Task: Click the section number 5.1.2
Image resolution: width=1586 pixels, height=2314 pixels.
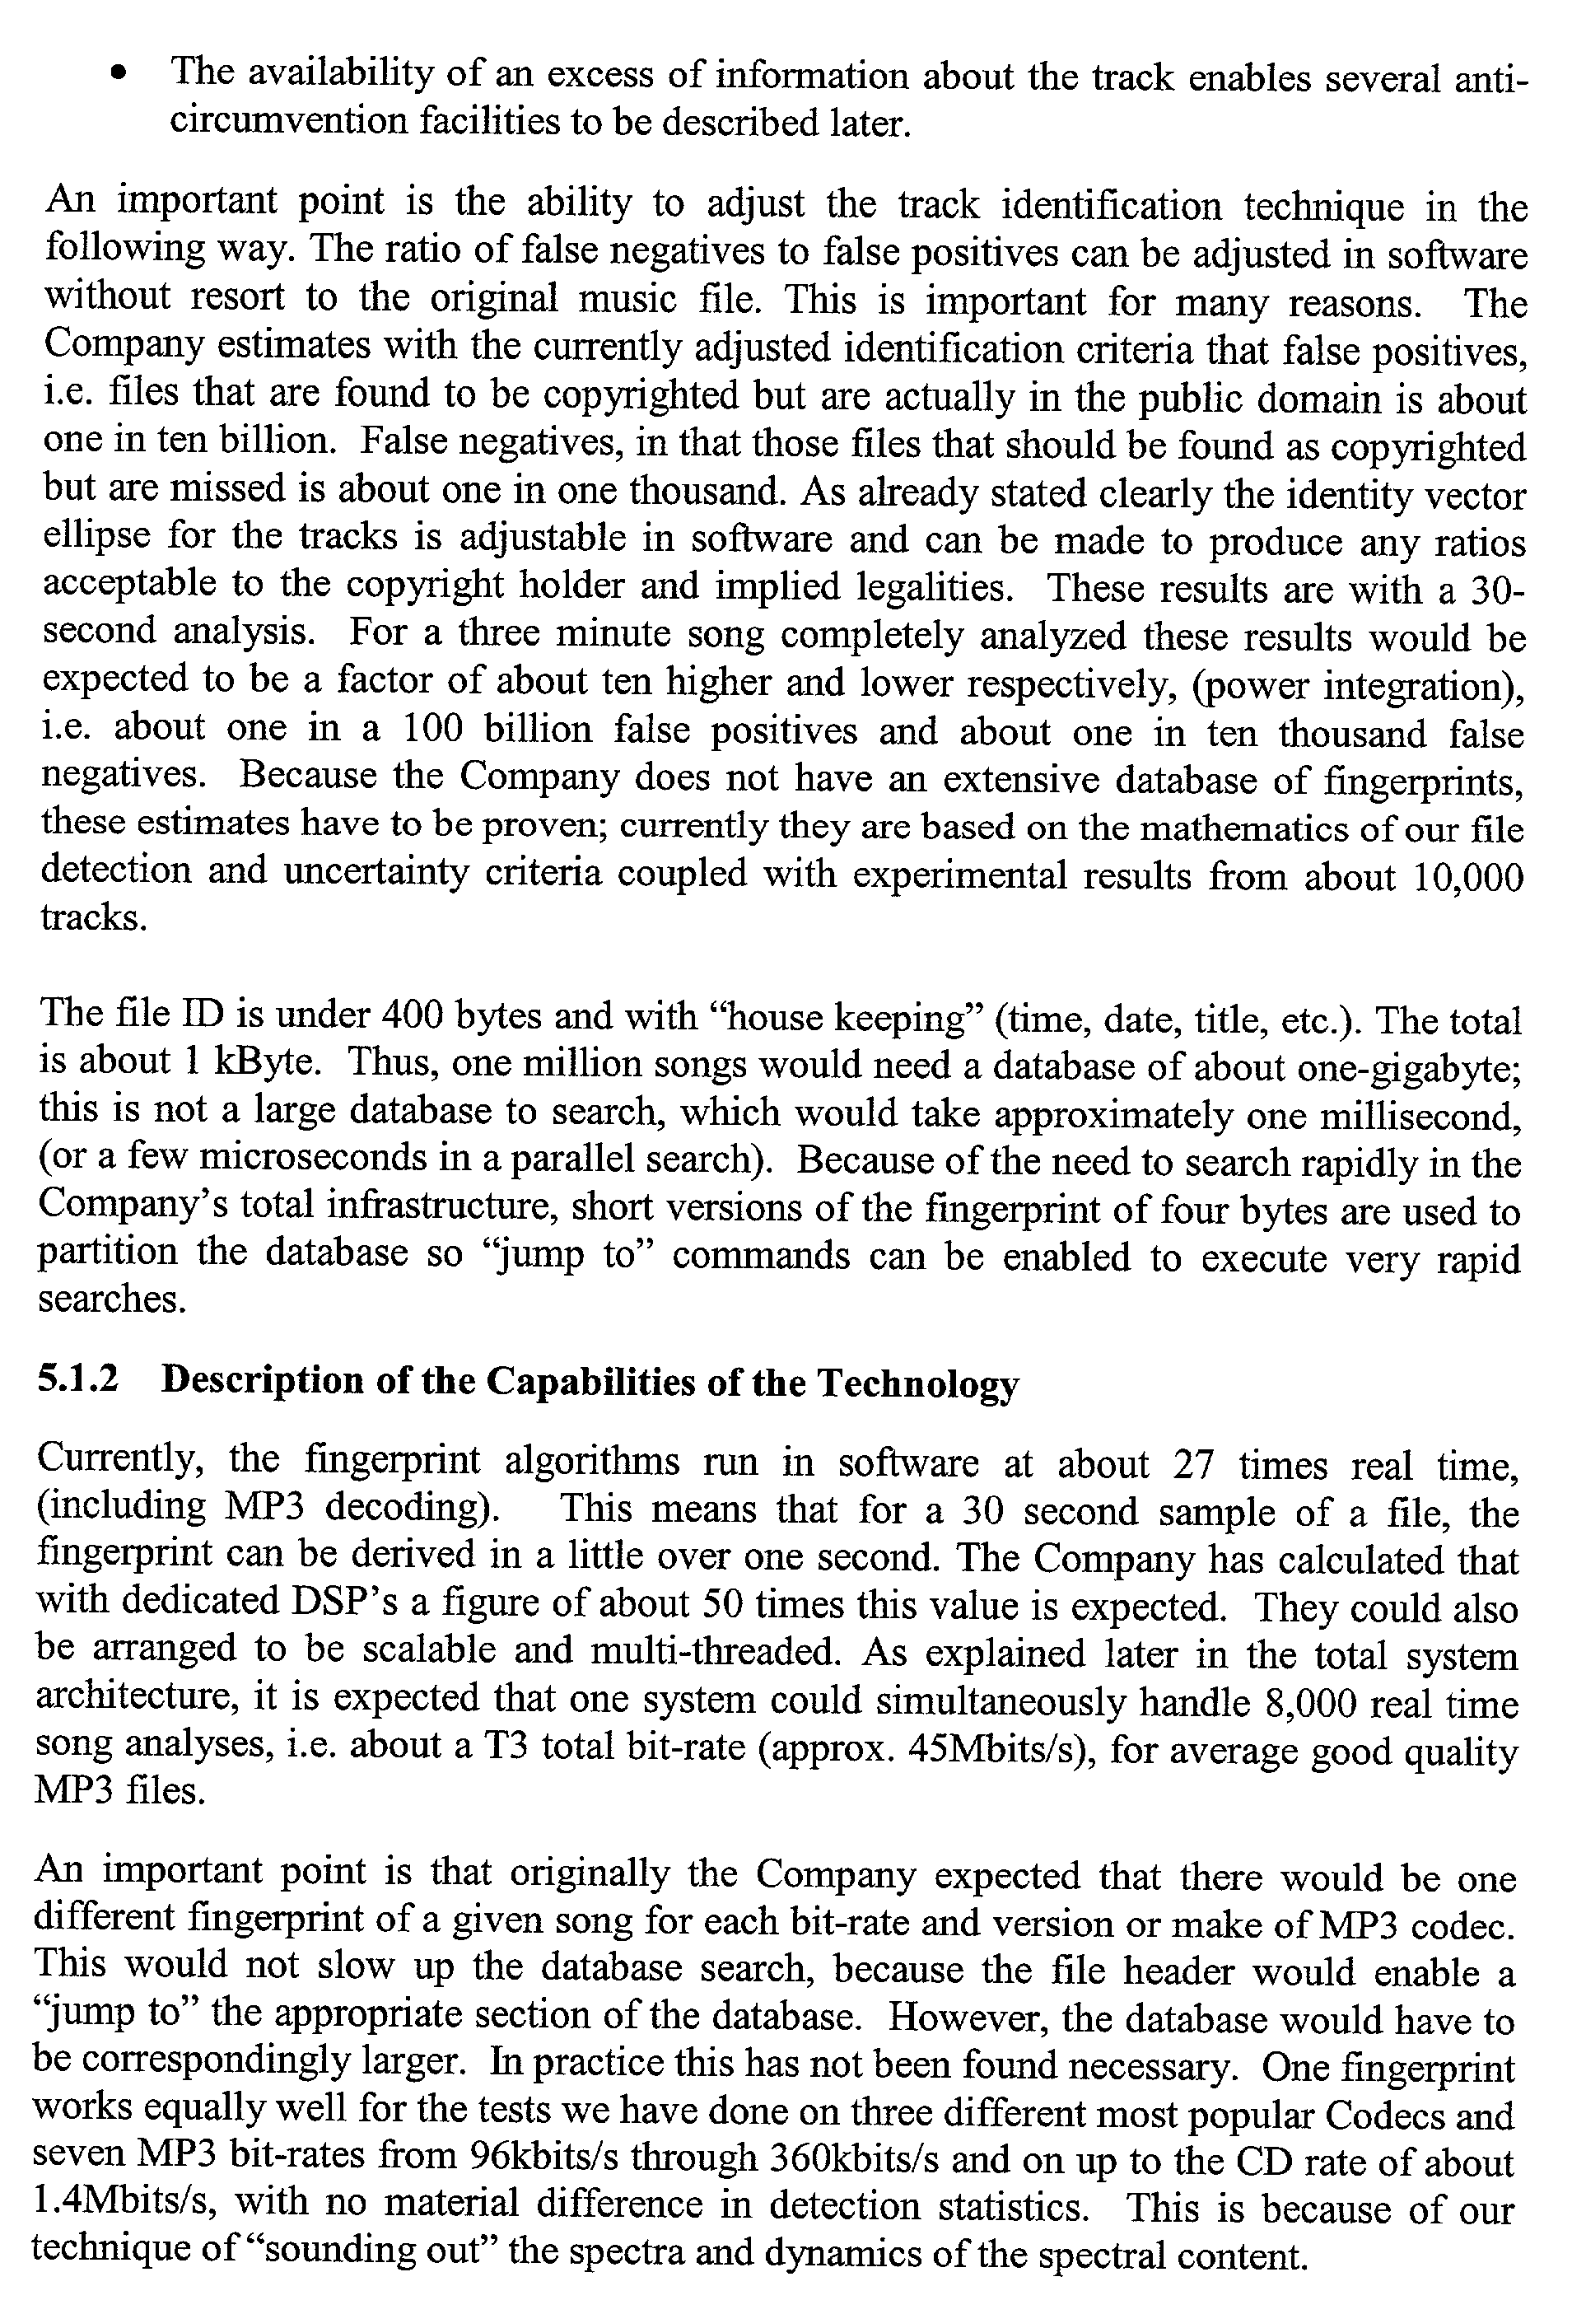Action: pos(77,1381)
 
